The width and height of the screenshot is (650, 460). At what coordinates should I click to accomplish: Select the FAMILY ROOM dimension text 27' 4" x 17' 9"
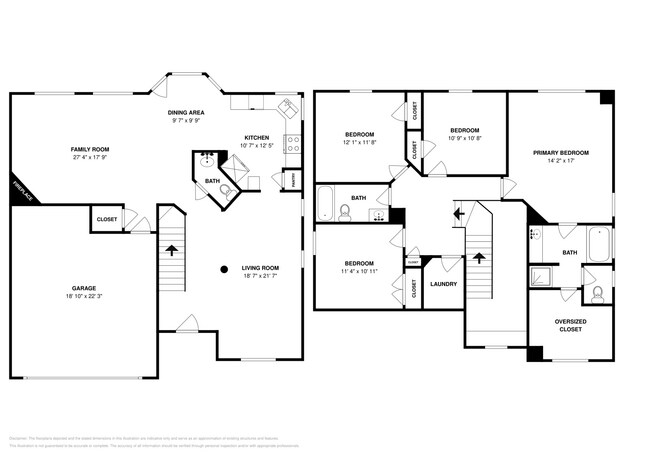click(90, 157)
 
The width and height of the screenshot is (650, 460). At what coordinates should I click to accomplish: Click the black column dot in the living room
click(224, 267)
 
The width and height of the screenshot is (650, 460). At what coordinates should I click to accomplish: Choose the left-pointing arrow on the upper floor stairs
click(458, 213)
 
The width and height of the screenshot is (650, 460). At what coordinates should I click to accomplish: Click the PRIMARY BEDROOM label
click(560, 152)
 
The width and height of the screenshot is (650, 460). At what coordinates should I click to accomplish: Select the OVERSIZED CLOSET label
click(569, 324)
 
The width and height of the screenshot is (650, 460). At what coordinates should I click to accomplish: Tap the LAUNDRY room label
click(444, 284)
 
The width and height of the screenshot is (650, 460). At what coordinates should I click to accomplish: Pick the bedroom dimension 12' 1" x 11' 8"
click(359, 143)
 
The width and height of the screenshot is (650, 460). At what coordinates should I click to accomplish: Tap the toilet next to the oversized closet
click(597, 293)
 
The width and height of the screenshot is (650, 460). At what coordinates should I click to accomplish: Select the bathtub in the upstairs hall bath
click(327, 205)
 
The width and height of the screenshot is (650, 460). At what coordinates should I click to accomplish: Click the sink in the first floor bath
click(205, 160)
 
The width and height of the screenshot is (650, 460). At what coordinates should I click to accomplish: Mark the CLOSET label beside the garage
click(106, 218)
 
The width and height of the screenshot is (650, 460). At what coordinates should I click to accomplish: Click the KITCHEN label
click(258, 138)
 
